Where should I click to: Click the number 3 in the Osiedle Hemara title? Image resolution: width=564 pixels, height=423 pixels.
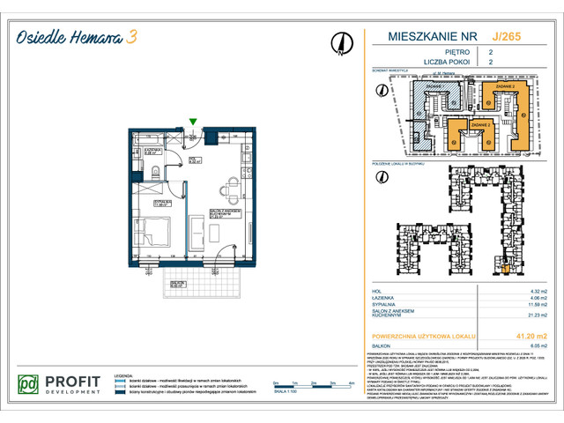click(130, 36)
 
